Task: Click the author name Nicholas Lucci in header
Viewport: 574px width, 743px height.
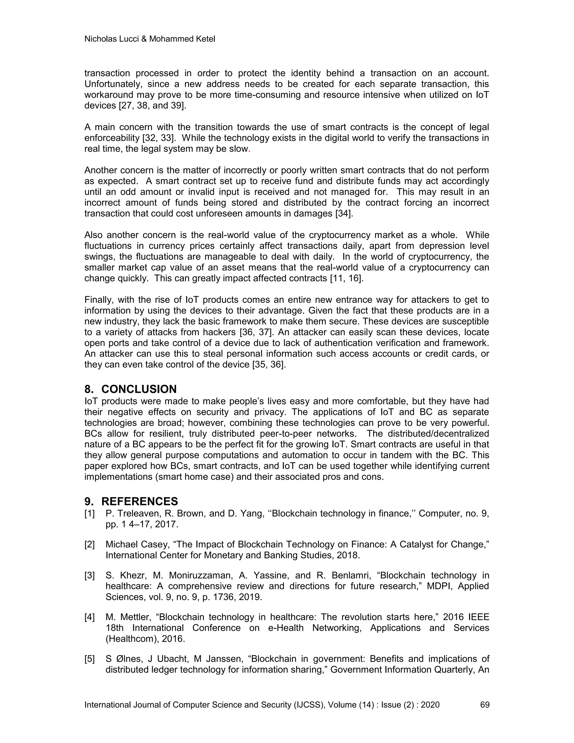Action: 111,39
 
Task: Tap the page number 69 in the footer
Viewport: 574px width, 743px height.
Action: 485,705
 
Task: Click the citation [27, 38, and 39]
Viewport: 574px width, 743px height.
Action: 152,105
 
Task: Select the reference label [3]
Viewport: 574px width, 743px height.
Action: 89,576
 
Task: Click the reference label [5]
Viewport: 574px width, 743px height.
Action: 89,659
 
